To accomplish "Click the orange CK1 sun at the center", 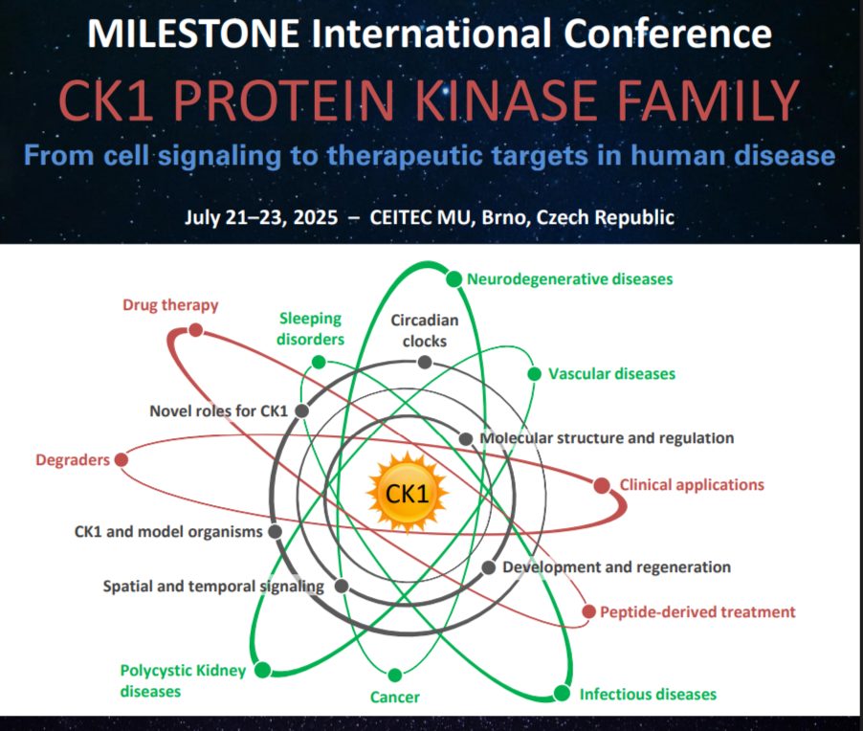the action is click(x=408, y=493).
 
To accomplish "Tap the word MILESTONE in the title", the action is click(x=193, y=33).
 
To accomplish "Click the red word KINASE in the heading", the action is click(x=504, y=100).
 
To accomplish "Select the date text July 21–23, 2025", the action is click(x=261, y=217).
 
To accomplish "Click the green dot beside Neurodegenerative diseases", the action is click(x=454, y=279).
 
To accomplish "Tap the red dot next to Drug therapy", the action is click(x=195, y=330).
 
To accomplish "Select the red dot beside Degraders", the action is click(x=122, y=459).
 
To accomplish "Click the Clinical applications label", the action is click(x=692, y=485).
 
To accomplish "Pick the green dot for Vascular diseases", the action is click(x=534, y=374).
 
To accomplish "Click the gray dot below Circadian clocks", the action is click(x=425, y=363).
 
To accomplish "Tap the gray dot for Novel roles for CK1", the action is click(x=301, y=410).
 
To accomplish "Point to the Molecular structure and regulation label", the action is click(x=608, y=438).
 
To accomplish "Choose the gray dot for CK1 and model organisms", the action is click(x=275, y=532).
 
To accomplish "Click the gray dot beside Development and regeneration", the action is click(x=488, y=567).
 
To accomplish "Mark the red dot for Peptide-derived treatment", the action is click(x=589, y=611).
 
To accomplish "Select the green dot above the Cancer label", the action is click(x=394, y=675).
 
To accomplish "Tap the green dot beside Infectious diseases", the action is click(x=562, y=693).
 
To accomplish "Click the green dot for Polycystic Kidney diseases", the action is click(x=262, y=670).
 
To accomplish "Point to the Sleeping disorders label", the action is click(x=310, y=328).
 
